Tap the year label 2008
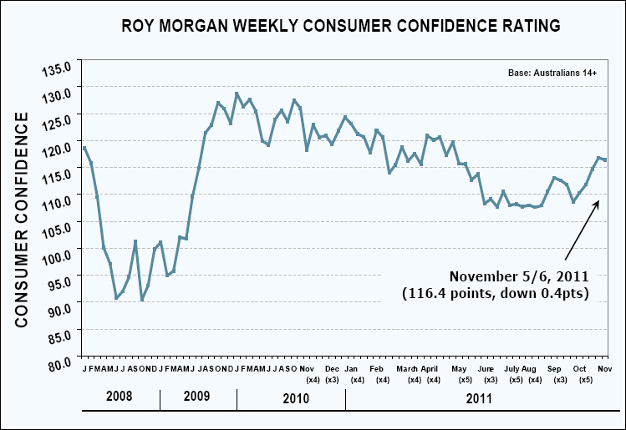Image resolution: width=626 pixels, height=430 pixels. click(x=120, y=398)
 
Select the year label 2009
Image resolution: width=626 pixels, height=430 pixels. click(x=198, y=398)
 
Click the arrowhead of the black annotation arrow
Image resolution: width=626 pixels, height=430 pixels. click(x=597, y=202)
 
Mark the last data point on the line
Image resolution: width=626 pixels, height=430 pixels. click(x=605, y=159)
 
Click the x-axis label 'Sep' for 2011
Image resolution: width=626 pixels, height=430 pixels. click(x=554, y=368)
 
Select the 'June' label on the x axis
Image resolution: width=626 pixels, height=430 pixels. click(x=486, y=368)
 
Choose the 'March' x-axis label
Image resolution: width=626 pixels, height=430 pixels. click(x=407, y=368)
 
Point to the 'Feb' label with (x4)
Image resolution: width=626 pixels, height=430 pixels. click(x=376, y=368)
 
